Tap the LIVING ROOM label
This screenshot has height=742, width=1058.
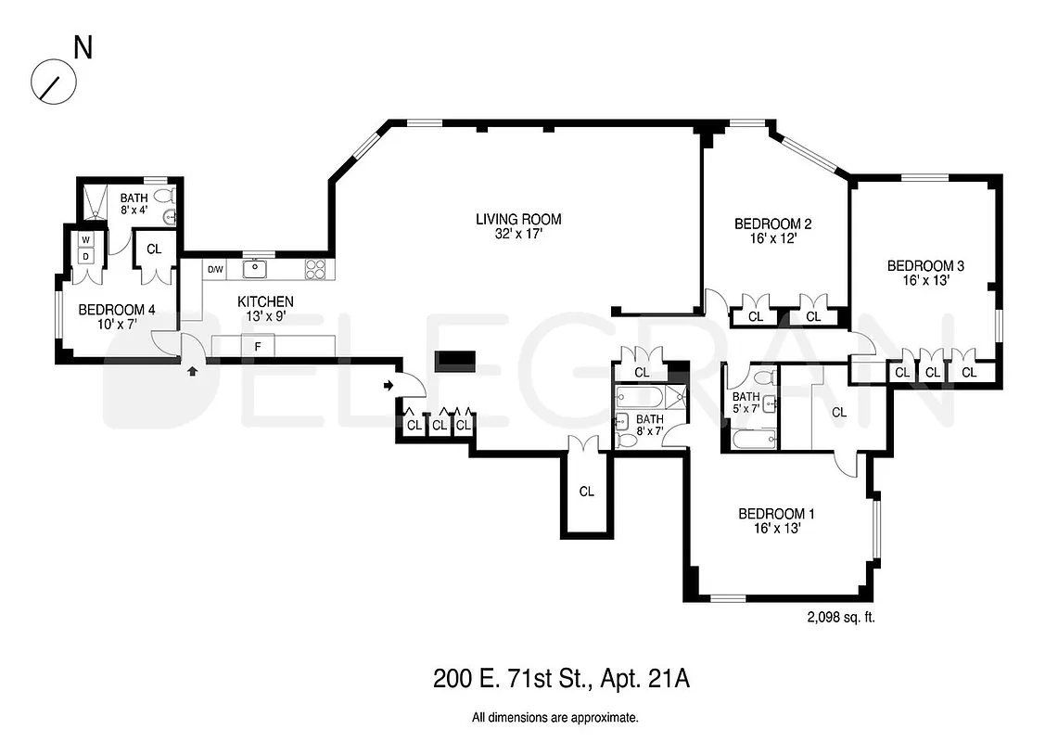click(x=518, y=220)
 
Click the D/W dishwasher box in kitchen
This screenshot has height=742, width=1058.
click(x=215, y=270)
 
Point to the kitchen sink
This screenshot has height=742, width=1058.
click(x=255, y=270)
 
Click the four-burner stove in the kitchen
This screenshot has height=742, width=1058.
click(x=315, y=270)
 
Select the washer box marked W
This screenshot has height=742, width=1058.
click(x=85, y=239)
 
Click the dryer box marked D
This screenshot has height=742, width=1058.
click(x=85, y=255)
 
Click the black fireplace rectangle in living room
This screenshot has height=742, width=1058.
click(x=455, y=360)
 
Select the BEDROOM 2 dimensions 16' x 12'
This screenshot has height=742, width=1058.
click(x=772, y=238)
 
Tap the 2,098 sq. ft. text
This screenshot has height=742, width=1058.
click(x=841, y=616)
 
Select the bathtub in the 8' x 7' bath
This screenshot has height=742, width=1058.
click(x=638, y=400)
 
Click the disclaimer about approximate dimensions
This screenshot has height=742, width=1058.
click(x=554, y=717)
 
